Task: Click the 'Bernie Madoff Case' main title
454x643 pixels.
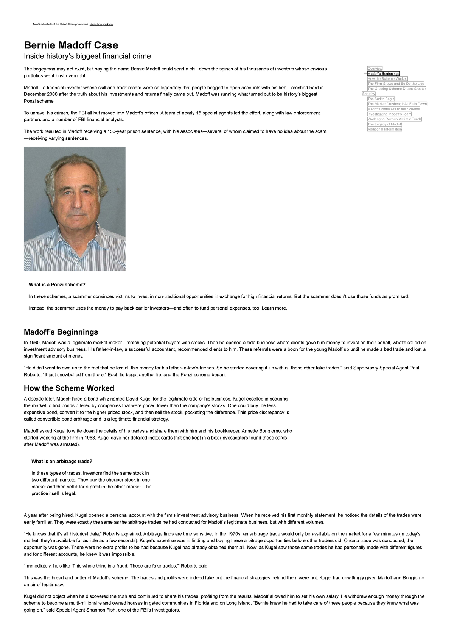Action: [x=71, y=45]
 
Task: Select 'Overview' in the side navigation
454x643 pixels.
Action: [x=375, y=69]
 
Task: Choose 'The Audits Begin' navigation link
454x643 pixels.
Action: [x=381, y=99]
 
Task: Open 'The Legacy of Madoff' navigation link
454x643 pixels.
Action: [x=385, y=124]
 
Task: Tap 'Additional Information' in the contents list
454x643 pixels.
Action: [x=385, y=129]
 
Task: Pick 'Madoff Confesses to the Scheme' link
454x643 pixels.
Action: [x=394, y=109]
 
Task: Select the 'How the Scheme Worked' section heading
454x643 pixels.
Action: [x=69, y=388]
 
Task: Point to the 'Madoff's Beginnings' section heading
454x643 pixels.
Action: [x=61, y=332]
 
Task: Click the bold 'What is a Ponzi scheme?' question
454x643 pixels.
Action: [x=57, y=285]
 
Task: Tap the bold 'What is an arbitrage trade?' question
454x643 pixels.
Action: [x=62, y=461]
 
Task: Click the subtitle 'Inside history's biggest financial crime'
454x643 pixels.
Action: [x=87, y=56]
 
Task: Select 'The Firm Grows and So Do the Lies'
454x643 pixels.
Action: [x=396, y=84]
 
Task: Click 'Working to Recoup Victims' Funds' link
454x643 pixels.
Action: [x=395, y=119]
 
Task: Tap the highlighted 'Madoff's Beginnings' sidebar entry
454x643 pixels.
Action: [x=384, y=74]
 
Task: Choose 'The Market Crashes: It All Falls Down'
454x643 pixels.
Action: [x=397, y=104]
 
